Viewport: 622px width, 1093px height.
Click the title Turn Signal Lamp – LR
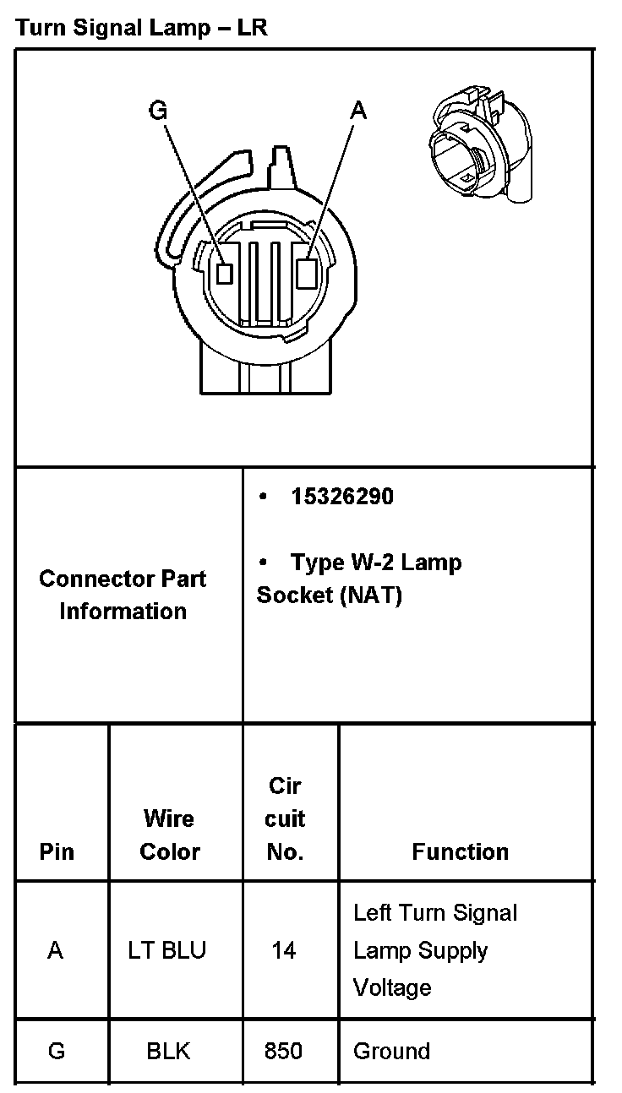point(141,28)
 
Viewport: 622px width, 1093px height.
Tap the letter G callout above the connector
point(157,111)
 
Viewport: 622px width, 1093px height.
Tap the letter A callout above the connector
point(359,110)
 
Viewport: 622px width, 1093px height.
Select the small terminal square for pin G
point(224,272)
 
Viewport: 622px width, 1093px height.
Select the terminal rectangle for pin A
point(308,272)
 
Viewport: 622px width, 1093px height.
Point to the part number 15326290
point(341,497)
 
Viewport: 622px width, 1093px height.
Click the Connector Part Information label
point(123,595)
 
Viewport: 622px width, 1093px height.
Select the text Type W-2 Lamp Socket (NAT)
point(359,579)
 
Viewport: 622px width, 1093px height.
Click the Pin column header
point(57,851)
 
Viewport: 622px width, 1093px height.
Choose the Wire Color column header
point(169,835)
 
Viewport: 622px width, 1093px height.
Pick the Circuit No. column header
point(285,818)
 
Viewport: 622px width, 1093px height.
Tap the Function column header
point(460,851)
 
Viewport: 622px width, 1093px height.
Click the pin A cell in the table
point(56,950)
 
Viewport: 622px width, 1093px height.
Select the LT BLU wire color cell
point(167,950)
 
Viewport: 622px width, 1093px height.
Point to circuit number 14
point(284,950)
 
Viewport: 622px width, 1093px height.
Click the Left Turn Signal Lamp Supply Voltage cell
point(434,950)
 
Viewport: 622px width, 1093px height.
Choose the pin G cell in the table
point(57,1051)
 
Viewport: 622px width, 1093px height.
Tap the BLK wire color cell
point(168,1051)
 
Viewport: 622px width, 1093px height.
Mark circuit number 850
point(284,1051)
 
